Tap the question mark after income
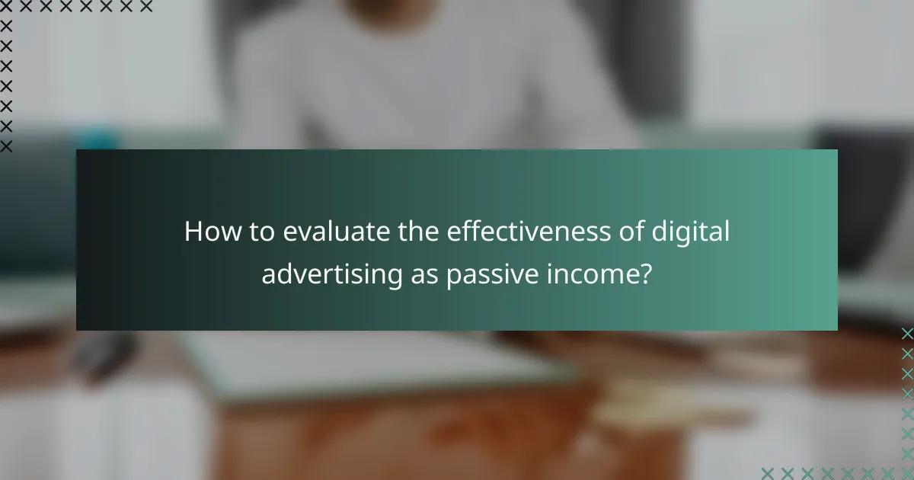(645, 274)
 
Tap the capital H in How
(193, 232)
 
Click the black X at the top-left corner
(7, 7)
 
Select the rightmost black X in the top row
(145, 7)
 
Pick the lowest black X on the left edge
(7, 146)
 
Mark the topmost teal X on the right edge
(906, 334)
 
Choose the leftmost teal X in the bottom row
(768, 472)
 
